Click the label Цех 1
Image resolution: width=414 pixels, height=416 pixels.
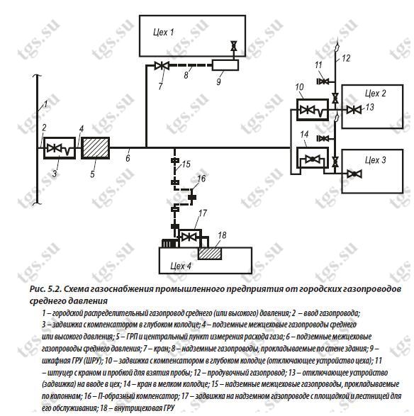[x=164, y=33]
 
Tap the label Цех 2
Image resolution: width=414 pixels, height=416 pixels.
[x=375, y=94]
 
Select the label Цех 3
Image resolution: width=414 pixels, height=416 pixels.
[x=375, y=160]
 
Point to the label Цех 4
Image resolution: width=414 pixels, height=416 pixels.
[x=181, y=266]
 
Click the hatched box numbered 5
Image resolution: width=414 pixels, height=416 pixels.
[x=95, y=148]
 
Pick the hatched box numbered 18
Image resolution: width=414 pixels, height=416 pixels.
[x=210, y=254]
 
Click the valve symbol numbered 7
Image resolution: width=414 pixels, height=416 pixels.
[x=162, y=65]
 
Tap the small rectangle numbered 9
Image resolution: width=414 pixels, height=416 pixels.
[x=225, y=65]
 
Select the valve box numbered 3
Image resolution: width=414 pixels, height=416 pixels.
[x=60, y=148]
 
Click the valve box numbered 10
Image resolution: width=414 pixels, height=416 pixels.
[x=313, y=110]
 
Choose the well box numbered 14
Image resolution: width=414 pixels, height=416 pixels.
[x=313, y=158]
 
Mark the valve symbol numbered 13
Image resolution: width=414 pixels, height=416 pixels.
[x=354, y=110]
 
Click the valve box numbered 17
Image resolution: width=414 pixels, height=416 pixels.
[x=190, y=237]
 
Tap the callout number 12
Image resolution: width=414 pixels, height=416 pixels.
[x=346, y=58]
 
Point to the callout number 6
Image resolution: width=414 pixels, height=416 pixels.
[x=128, y=158]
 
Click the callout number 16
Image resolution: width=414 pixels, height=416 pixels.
[x=201, y=179]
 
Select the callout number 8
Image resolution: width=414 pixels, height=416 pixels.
[x=186, y=75]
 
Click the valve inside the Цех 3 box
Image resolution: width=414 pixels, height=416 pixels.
[x=354, y=174]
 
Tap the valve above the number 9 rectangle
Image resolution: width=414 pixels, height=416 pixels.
[x=233, y=46]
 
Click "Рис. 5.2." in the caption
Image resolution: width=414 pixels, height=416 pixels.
[x=45, y=288]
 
